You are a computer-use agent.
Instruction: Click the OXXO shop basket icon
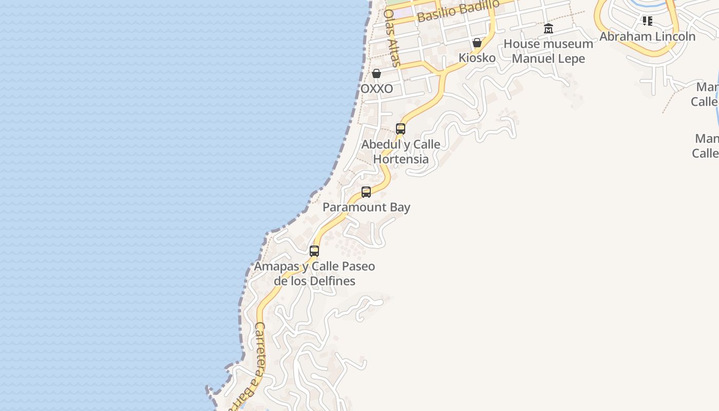(376, 73)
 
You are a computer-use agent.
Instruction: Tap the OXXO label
(376, 89)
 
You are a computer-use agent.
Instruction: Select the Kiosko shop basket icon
(477, 43)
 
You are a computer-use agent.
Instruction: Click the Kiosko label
(477, 58)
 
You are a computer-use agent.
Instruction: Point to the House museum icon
(548, 29)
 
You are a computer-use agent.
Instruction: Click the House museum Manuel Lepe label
(548, 51)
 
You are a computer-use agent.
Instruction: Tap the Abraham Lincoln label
(647, 36)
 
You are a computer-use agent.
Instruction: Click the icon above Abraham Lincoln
(648, 21)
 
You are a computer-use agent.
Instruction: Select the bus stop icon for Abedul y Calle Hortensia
(401, 129)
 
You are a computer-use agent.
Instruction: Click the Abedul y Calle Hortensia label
(401, 152)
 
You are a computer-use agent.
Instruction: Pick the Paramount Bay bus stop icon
(366, 192)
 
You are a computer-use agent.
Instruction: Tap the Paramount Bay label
(366, 207)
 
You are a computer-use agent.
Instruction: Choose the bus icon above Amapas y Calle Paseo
(314, 251)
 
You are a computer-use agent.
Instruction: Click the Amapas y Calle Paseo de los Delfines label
(314, 273)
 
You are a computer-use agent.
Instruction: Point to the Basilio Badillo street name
(458, 11)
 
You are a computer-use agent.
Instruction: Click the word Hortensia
(401, 159)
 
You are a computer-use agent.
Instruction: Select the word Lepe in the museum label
(571, 59)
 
